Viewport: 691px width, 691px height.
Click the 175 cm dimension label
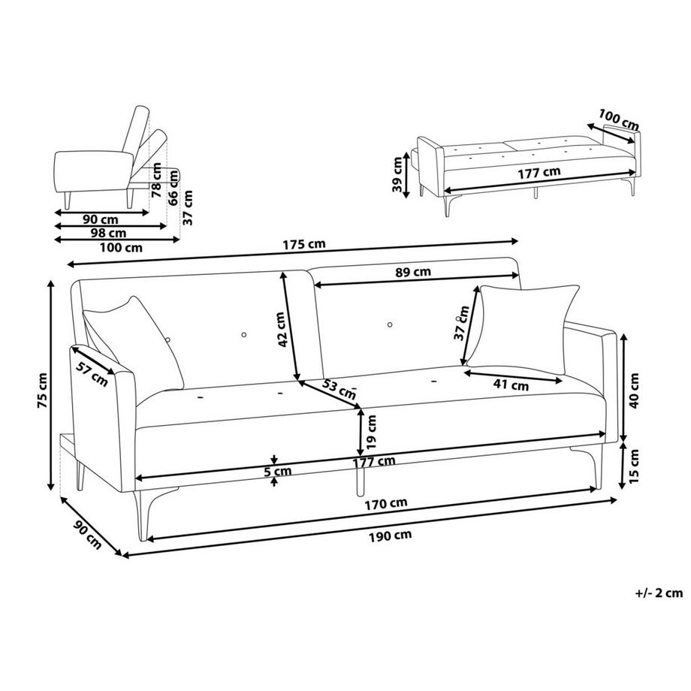coord(303,244)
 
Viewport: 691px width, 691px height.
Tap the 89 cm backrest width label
coord(413,272)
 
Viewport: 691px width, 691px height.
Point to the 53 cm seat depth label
coord(339,389)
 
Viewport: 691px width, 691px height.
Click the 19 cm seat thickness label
coord(371,431)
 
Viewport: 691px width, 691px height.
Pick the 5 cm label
coord(278,472)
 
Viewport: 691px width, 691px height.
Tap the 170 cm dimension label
coord(386,503)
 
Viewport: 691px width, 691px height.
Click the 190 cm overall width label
coord(391,536)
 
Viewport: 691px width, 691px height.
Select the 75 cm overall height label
coord(42,391)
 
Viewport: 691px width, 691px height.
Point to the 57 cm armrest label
coord(92,374)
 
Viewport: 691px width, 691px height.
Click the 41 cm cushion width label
coord(511,385)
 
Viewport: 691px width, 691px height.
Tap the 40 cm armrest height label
coord(634,391)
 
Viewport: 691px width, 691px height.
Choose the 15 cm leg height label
coord(634,466)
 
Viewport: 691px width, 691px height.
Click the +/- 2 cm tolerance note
coord(659,593)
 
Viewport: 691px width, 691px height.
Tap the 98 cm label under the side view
coord(108,233)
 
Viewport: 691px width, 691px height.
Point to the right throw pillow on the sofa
coord(523,327)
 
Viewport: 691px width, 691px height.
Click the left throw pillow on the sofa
coord(133,342)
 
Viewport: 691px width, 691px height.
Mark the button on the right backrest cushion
coord(390,324)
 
